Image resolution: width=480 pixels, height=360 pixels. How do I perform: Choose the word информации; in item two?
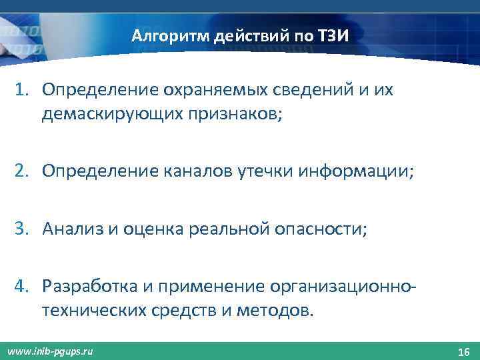click(357, 172)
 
